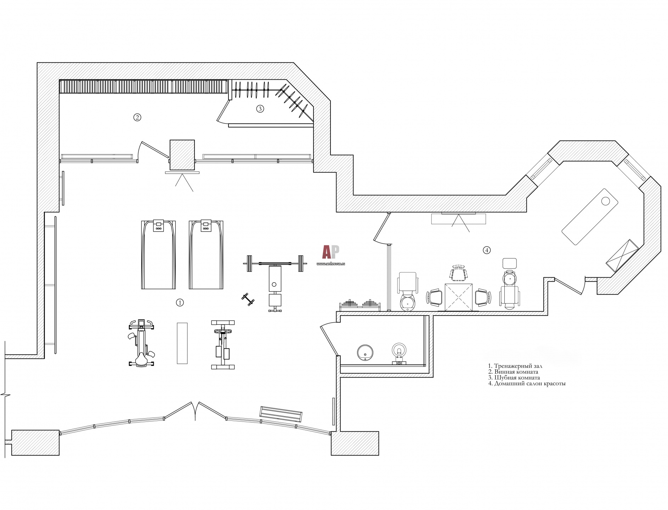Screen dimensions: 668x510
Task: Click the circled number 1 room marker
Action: pos(180,302)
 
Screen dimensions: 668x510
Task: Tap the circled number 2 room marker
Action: pos(137,117)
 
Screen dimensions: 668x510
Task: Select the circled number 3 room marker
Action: pos(260,109)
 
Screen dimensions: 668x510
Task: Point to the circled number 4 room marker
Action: pos(487,250)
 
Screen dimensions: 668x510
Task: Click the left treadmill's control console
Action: pos(158,226)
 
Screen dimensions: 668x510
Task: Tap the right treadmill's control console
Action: pos(206,226)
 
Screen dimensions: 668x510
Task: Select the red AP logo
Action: pos(330,252)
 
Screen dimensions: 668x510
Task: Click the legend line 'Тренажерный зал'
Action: pos(515,366)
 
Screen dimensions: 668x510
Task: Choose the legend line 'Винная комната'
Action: pos(513,372)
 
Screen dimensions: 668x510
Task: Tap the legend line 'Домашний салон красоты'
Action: pos(527,383)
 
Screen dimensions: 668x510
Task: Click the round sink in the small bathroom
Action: pos(365,353)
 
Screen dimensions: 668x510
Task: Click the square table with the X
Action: pos(458,297)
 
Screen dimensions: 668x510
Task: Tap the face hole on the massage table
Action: pos(606,201)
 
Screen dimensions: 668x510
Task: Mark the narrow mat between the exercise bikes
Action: pos(182,343)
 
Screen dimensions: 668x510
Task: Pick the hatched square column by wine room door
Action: pos(182,155)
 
